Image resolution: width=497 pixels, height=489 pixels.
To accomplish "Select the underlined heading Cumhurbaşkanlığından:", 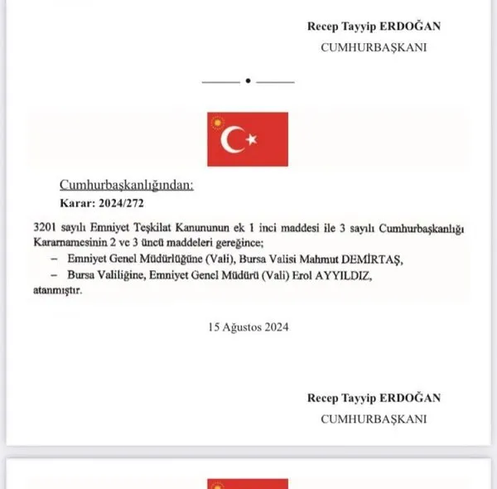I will [x=126, y=185].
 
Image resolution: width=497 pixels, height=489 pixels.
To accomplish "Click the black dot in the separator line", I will [x=248, y=81].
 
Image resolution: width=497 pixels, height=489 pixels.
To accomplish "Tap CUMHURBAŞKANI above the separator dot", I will [x=374, y=47].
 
